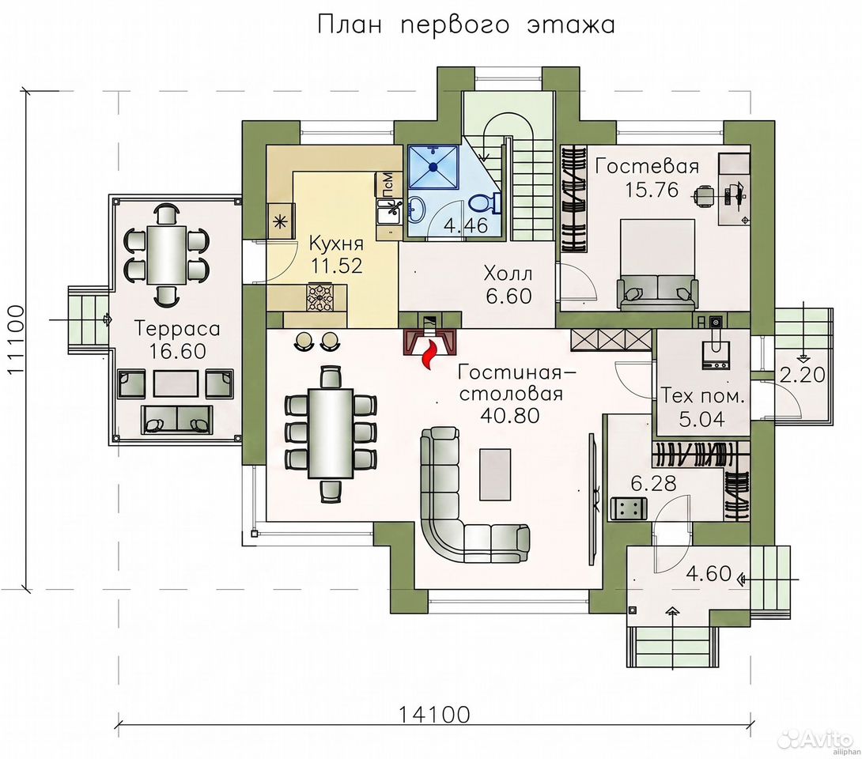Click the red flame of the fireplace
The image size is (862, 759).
430,354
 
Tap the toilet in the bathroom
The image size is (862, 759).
484,204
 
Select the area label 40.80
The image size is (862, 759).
509,416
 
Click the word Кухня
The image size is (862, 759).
336,243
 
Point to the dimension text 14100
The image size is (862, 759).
434,715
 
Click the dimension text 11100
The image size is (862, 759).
17,339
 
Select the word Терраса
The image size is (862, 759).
177,329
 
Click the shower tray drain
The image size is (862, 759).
433,166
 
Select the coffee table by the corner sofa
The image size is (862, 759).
496,474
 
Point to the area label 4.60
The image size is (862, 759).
709,574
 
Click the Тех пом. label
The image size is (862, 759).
702,396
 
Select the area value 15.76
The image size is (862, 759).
652,190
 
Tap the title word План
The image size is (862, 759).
349,25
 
